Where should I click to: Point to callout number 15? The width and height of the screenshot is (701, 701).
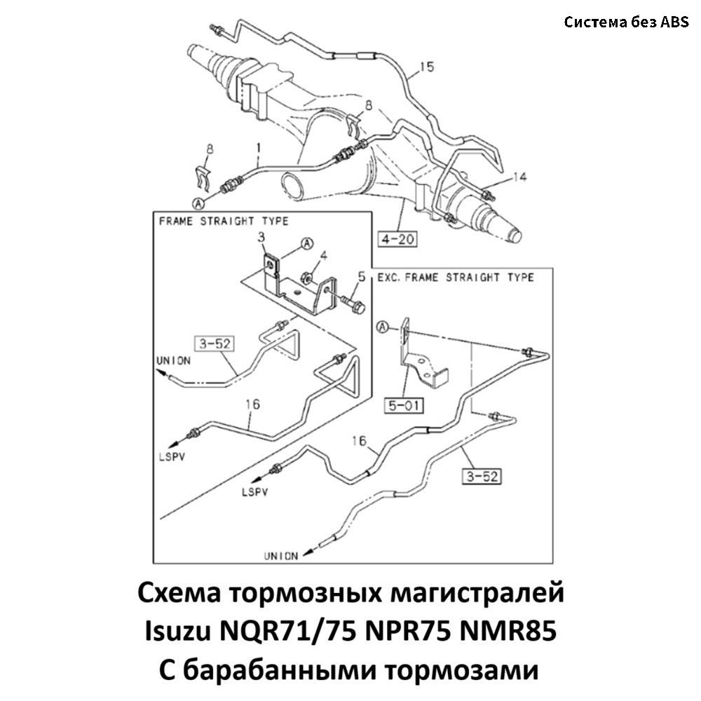(427, 67)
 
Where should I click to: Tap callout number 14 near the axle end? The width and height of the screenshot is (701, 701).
(519, 178)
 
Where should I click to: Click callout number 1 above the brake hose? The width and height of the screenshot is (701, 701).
(258, 148)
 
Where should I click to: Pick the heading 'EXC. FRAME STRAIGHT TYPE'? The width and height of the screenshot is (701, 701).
(456, 278)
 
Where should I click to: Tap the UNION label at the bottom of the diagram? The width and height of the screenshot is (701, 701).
(281, 556)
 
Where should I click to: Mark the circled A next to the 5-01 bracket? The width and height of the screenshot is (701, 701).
(382, 327)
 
